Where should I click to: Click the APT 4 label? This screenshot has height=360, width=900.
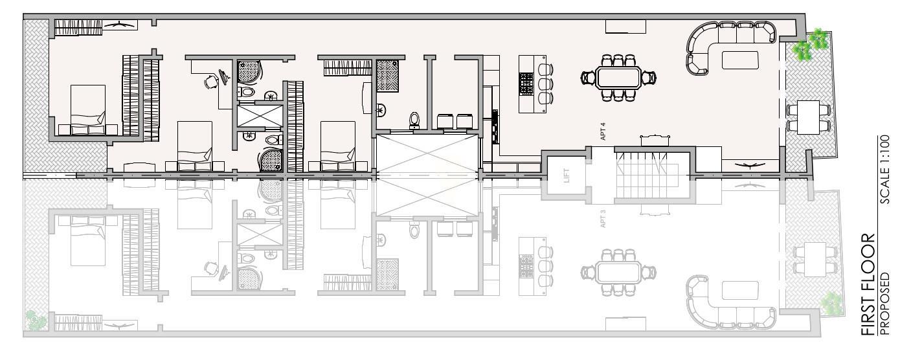pyautogui.click(x=603, y=131)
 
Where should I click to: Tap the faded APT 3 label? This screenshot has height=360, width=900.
pyautogui.click(x=603, y=219)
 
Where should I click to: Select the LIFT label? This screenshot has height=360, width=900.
pyautogui.click(x=567, y=175)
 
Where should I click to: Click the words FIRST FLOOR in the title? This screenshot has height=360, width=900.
pyautogui.click(x=868, y=284)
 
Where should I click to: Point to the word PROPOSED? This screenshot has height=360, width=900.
pyautogui.click(x=884, y=304)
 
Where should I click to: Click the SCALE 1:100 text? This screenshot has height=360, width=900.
pyautogui.click(x=884, y=170)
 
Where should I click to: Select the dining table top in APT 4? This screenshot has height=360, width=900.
pyautogui.click(x=618, y=78)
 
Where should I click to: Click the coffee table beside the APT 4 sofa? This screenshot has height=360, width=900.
pyautogui.click(x=740, y=60)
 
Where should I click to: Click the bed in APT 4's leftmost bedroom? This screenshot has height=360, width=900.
pyautogui.click(x=88, y=109)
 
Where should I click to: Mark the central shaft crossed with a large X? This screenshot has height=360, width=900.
pyautogui.click(x=427, y=175)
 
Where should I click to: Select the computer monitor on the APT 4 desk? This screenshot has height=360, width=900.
pyautogui.click(x=224, y=77)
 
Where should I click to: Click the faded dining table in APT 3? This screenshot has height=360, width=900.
pyautogui.click(x=618, y=273)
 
